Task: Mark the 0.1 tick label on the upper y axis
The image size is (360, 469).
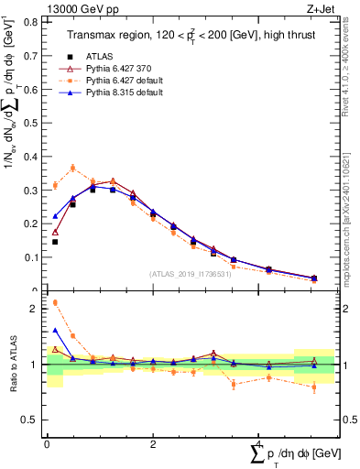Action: (x=34, y=262)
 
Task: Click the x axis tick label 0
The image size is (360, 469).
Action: (x=47, y=445)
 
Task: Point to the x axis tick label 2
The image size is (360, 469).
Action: (x=152, y=445)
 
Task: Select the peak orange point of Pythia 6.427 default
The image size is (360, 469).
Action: (x=72, y=168)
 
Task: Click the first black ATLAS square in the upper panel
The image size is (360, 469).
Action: (x=55, y=242)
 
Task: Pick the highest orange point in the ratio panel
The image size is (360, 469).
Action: (x=55, y=302)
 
